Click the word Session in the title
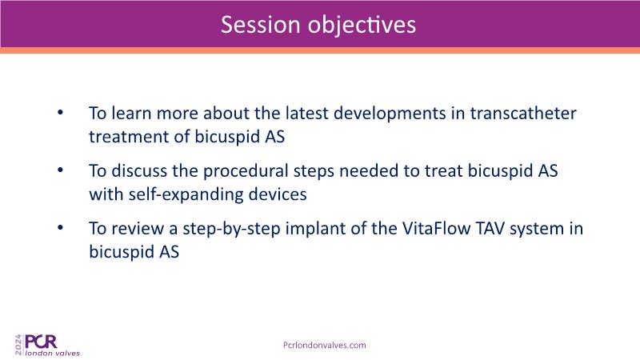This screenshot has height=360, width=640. point(261,25)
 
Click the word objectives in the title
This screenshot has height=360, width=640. point(362,26)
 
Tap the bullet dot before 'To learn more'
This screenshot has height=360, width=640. point(61,112)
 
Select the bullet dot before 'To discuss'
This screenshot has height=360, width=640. point(61,170)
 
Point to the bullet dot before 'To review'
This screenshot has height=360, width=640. point(61,227)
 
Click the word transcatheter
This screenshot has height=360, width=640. point(523,113)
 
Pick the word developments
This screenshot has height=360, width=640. point(390,114)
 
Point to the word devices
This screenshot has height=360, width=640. point(278,194)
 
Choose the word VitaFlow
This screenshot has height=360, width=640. point(436,228)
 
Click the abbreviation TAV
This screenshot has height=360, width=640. point(490,228)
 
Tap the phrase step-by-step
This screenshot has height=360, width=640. point(231,229)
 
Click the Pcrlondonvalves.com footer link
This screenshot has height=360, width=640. point(325,346)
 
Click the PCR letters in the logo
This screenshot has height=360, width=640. point(41,342)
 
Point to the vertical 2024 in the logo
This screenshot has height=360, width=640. point(18,345)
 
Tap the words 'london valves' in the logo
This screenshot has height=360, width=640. point(53,353)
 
